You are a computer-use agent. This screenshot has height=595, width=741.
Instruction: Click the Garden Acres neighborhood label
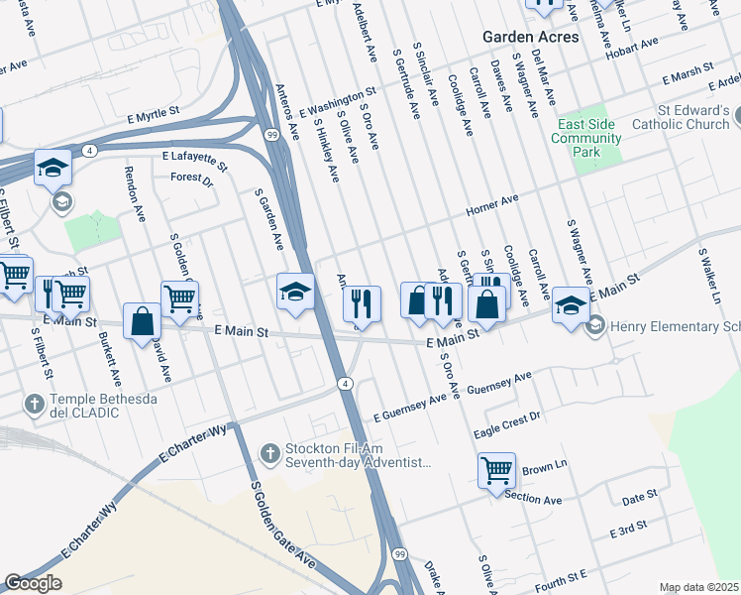click(530, 36)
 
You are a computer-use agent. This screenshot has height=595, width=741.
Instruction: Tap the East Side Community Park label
click(586, 139)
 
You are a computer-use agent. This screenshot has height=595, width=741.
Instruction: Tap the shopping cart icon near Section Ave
click(496, 471)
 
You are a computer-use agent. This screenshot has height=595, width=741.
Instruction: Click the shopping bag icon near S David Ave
click(143, 321)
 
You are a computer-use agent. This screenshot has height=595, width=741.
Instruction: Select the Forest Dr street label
click(191, 179)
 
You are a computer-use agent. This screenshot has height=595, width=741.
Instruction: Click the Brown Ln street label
click(544, 466)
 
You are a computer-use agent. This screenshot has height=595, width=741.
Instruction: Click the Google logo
click(33, 583)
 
